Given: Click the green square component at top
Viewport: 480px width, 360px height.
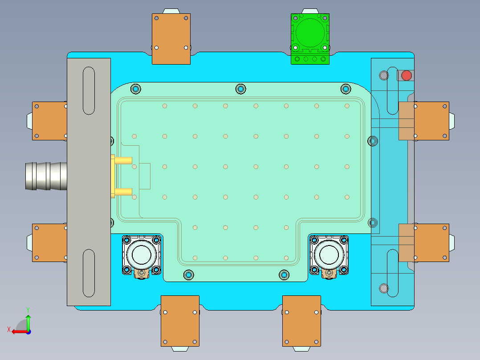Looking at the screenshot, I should click(x=310, y=38).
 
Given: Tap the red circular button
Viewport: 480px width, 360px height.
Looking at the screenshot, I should click(x=406, y=75).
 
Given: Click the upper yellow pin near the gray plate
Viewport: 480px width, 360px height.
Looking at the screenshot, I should click(x=123, y=160).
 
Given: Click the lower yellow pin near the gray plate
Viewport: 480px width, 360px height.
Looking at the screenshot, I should click(x=123, y=192).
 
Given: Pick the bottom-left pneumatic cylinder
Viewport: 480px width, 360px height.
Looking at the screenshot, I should click(x=141, y=255).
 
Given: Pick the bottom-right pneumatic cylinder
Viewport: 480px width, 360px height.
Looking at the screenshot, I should click(x=329, y=255).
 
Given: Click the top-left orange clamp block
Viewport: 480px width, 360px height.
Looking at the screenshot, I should click(x=171, y=39).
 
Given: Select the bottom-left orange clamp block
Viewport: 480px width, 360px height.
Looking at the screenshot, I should click(x=180, y=320).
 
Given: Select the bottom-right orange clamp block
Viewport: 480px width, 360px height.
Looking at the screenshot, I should click(x=301, y=320).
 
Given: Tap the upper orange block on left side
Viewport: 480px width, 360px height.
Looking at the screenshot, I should click(x=49, y=121).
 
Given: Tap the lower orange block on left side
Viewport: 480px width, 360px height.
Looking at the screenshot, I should click(x=49, y=242).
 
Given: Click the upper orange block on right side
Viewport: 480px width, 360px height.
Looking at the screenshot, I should click(x=430, y=121).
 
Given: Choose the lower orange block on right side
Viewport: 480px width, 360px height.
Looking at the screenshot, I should click(x=430, y=242).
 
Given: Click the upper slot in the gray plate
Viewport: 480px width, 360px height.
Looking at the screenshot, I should click(x=89, y=90).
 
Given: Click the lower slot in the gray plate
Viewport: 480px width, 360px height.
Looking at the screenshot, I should click(x=89, y=273).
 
